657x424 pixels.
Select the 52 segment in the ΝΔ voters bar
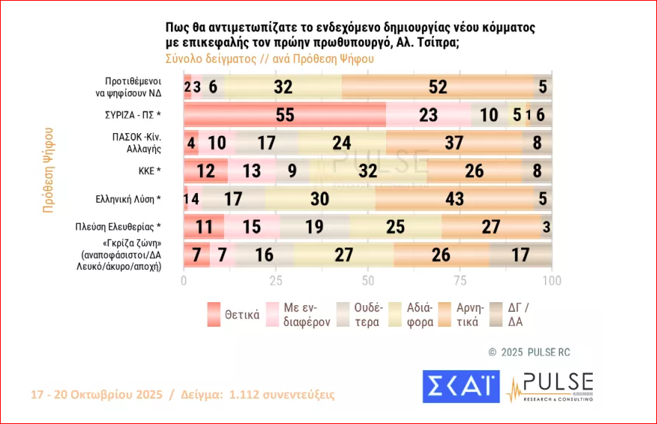438,86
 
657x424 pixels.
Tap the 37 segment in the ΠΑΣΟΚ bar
453,143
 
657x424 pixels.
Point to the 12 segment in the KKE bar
205,171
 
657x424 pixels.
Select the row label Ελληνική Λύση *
124,199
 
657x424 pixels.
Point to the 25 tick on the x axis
275,280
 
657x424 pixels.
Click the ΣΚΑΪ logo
461,387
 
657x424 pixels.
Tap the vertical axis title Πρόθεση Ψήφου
48,170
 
